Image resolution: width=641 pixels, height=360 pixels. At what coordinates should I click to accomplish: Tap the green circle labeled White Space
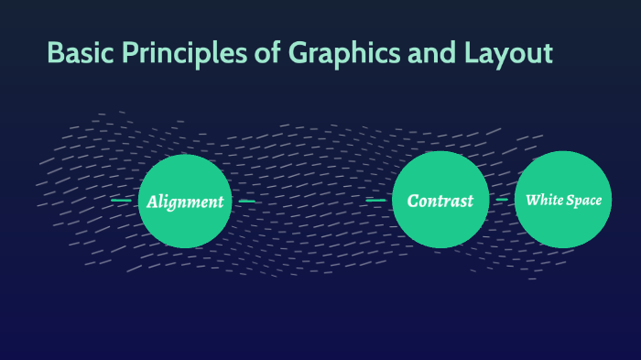coord(562,200)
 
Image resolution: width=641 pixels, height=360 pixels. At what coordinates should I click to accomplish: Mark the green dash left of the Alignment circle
coord(120,200)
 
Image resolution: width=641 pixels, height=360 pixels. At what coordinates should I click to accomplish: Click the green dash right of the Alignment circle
coord(246,200)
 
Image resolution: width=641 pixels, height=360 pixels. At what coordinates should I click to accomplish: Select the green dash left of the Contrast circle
coord(375,199)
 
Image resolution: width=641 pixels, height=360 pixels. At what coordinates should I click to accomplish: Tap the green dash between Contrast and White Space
coord(502,199)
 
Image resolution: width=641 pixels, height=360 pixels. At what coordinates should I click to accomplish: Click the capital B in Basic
coord(56,53)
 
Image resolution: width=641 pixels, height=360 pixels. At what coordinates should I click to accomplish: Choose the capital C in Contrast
coord(413,201)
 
